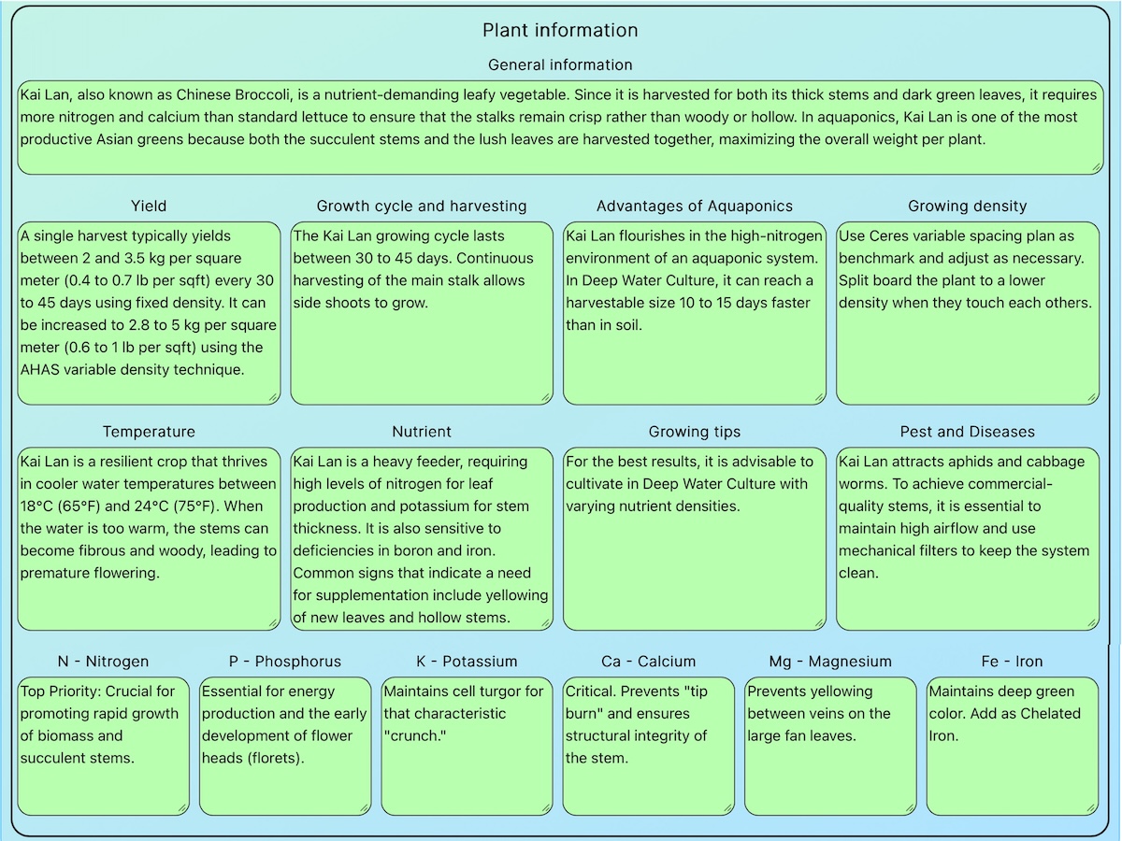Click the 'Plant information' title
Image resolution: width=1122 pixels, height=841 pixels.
[x=560, y=30]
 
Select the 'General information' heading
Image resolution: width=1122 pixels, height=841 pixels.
[x=560, y=64]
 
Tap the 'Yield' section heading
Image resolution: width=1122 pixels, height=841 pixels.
[x=149, y=206]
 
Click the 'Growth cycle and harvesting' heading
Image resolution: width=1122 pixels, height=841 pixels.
[x=422, y=206]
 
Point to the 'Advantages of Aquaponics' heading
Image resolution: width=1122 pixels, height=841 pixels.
[x=695, y=206]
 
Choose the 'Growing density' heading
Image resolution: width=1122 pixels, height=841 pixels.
[x=968, y=206]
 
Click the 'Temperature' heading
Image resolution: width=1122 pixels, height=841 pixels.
[x=149, y=432]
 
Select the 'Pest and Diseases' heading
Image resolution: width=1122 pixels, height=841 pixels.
[x=968, y=432]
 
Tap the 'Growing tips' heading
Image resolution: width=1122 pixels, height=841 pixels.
[x=695, y=432]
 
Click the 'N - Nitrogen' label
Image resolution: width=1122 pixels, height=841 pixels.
[x=103, y=662]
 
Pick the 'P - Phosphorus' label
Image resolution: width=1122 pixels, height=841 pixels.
[x=285, y=662]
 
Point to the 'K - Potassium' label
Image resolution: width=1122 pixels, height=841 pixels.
[x=467, y=662]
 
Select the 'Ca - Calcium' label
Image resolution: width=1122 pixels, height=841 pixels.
[x=649, y=662]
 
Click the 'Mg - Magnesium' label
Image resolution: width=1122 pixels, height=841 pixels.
[x=830, y=662]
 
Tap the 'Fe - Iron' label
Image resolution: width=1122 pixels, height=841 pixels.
[x=1012, y=662]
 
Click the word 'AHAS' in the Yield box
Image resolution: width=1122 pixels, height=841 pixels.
[x=40, y=370]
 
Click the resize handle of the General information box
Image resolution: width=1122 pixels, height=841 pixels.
[x=1096, y=167]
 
